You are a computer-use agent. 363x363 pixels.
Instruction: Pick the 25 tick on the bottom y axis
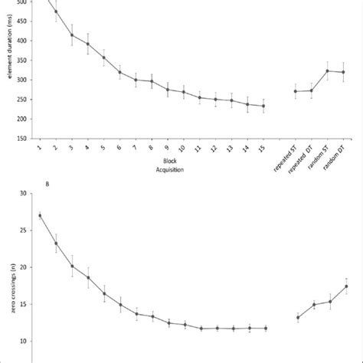click(x=23, y=230)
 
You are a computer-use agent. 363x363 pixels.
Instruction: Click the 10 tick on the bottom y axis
click(x=23, y=341)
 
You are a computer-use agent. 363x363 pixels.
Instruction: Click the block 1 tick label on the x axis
click(x=38, y=148)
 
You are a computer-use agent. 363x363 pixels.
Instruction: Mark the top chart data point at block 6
click(x=119, y=72)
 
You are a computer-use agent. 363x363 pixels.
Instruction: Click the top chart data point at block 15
click(x=263, y=106)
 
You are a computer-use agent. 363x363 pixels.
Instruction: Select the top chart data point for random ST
click(x=327, y=71)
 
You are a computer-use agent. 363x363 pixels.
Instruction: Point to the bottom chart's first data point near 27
click(x=40, y=215)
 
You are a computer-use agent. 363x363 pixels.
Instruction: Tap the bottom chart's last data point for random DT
click(x=346, y=286)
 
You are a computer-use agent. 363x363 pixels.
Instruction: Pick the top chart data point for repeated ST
click(x=296, y=91)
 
